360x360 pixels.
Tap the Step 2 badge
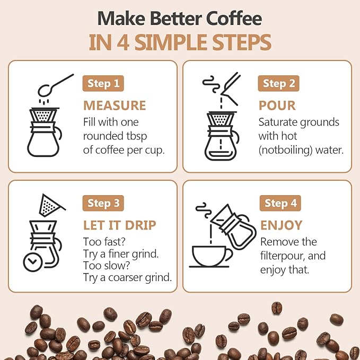278,83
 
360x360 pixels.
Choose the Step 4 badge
280,203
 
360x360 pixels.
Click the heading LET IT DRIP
119,225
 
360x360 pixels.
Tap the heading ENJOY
281,225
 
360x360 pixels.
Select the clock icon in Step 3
32,262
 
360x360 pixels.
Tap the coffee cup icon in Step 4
210,257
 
